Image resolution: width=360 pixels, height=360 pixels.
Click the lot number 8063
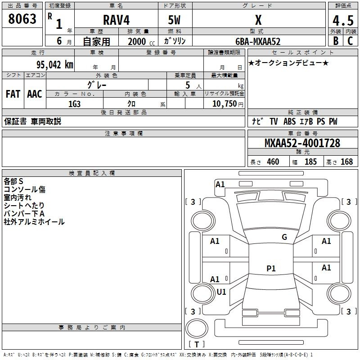(x=22, y=19)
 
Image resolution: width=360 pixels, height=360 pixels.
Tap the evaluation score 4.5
(x=343, y=20)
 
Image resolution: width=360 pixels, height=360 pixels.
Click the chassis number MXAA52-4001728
(x=302, y=143)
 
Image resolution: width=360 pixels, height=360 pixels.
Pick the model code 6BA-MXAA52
(x=258, y=41)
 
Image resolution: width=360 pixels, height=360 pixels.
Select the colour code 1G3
(x=74, y=103)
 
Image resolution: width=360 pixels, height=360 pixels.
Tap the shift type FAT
(x=13, y=94)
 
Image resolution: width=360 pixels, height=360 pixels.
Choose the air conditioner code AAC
(x=34, y=94)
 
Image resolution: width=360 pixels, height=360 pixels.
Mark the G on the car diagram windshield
(x=284, y=237)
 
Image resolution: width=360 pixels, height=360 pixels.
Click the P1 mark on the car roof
(x=271, y=269)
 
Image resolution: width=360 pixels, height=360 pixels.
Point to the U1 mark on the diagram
(x=221, y=292)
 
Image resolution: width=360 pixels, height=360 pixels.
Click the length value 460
(x=273, y=162)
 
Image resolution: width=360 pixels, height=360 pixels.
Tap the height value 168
(x=346, y=162)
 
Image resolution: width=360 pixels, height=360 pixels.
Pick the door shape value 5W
(x=175, y=20)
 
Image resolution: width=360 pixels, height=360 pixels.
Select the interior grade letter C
(x=350, y=41)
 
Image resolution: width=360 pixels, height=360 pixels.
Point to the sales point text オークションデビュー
(x=288, y=63)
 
